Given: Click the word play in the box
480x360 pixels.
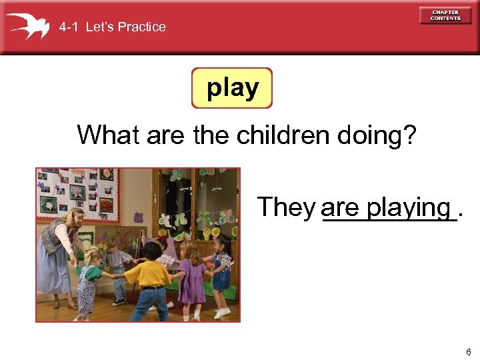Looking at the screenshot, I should click(x=233, y=88).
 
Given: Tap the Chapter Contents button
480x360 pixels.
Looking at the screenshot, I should click(x=445, y=15).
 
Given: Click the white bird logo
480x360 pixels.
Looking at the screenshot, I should click(x=29, y=26).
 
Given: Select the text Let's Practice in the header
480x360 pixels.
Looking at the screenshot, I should click(x=126, y=27).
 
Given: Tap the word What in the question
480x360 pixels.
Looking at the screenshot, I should click(x=109, y=135).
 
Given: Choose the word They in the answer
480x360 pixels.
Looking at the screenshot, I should click(x=286, y=207).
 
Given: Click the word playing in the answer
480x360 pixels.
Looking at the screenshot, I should click(x=409, y=208).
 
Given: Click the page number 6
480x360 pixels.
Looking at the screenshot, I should click(x=469, y=352).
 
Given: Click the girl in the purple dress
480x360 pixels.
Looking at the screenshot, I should click(x=192, y=280).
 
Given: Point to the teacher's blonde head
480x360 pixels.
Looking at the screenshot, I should click(x=73, y=217).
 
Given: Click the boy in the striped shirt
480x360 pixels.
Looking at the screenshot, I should click(x=119, y=267).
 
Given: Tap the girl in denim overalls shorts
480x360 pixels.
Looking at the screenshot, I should click(x=221, y=273).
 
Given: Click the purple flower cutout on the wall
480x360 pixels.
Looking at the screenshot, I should click(x=138, y=217).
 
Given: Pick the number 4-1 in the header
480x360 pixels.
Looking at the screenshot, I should click(x=69, y=27).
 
